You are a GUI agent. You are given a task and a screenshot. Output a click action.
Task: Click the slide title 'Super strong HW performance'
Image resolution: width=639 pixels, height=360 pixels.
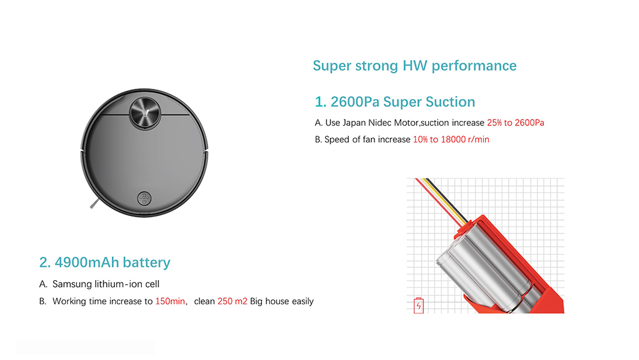click(415, 66)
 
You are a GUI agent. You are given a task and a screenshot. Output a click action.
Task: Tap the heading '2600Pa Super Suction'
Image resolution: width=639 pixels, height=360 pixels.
click(403, 102)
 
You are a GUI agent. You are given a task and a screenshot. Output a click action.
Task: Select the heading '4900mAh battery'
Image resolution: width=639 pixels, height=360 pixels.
click(112, 262)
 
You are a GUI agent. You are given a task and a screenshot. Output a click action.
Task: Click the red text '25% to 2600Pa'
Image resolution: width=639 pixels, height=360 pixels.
click(516, 123)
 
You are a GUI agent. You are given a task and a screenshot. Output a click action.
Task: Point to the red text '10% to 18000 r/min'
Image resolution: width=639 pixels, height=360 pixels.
click(451, 139)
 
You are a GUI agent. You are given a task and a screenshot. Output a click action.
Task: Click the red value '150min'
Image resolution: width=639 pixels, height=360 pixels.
click(170, 301)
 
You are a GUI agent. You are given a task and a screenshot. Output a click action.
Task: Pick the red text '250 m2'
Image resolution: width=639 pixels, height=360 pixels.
click(233, 301)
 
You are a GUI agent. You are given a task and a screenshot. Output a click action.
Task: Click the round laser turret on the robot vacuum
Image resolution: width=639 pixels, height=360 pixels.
click(144, 113)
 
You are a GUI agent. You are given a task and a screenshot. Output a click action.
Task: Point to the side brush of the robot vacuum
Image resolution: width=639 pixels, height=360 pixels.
click(94, 204)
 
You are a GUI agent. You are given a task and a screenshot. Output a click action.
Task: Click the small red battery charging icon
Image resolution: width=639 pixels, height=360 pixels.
click(419, 306)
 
